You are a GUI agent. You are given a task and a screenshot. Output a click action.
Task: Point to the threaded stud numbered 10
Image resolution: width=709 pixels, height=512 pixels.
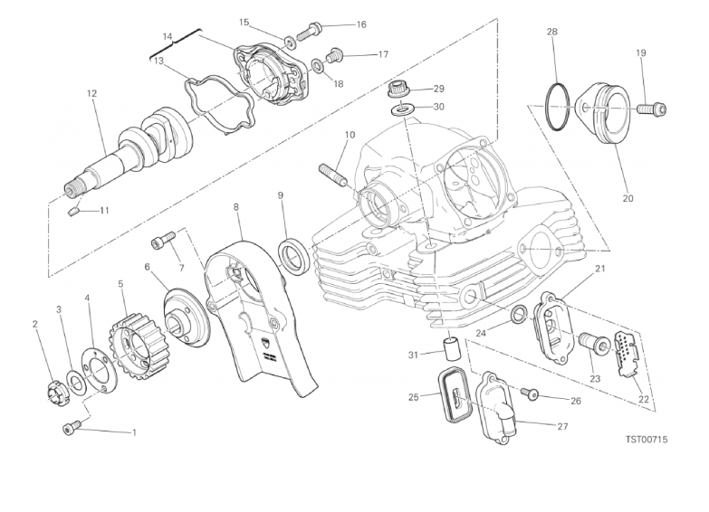tap(334, 176)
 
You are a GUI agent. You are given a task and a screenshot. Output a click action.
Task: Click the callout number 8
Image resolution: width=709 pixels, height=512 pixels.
tap(236, 207)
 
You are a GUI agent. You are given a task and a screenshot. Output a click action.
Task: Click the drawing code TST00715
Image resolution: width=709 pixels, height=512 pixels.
tap(647, 439)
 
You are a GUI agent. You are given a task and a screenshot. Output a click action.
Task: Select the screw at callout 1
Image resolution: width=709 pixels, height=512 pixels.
tap(72, 427)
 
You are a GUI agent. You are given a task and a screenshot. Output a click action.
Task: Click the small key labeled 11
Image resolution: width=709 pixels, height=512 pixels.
tap(74, 211)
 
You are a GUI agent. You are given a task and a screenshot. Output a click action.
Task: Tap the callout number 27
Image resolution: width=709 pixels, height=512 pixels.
tap(562, 426)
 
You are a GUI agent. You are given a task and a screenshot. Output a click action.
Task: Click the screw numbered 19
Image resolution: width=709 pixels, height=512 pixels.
tap(652, 109)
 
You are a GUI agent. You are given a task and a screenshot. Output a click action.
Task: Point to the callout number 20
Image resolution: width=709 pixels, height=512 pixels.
tap(628, 198)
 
